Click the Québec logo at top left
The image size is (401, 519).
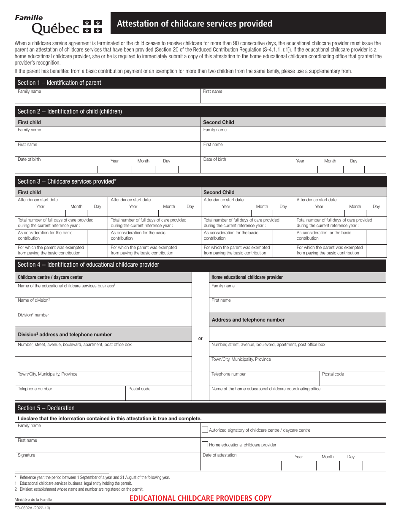point(58,24)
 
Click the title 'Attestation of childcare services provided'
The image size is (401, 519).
point(195,24)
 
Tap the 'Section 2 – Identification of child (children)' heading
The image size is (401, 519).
point(70,111)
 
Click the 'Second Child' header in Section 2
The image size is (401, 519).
point(219,122)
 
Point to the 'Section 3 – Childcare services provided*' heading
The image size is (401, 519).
point(67,181)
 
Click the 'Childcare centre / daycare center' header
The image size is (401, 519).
point(50,277)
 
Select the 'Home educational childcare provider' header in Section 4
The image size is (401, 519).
point(247,277)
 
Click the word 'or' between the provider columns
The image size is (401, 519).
point(200,338)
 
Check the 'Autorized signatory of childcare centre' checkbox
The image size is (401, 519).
point(205,430)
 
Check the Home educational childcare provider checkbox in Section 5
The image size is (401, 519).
point(205,444)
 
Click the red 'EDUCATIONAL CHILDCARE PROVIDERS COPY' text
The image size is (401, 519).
point(200,498)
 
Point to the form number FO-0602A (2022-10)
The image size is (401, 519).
point(33,508)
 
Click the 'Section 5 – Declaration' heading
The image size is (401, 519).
point(46,408)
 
